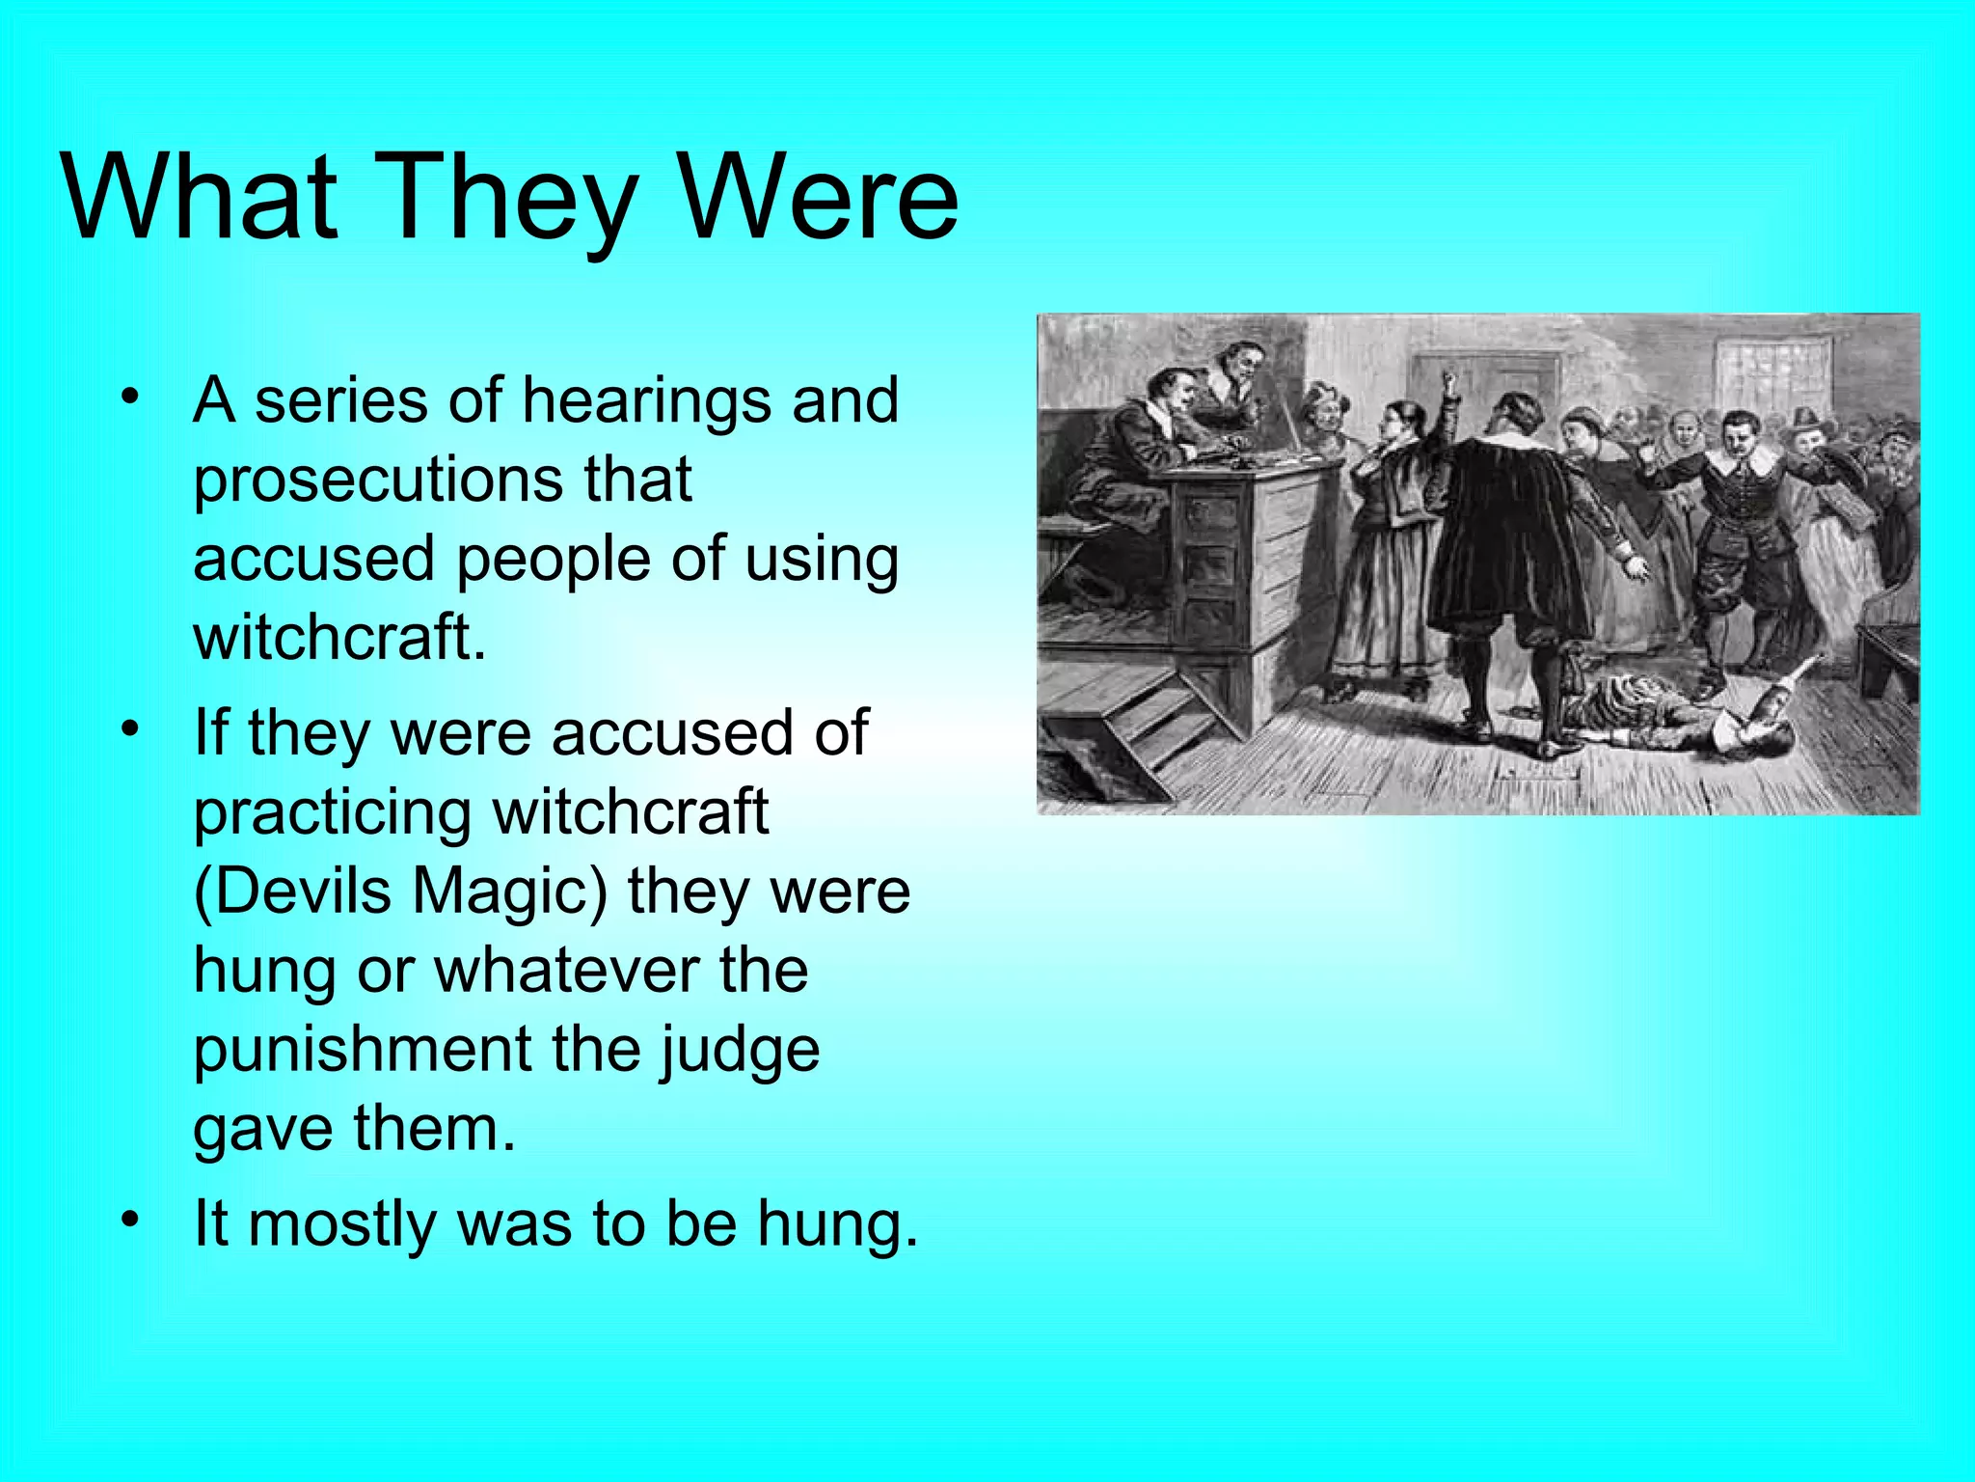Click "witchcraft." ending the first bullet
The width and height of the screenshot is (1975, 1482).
(x=339, y=637)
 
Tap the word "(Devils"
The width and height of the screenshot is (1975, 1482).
(x=292, y=892)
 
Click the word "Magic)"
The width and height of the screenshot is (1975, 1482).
(x=510, y=892)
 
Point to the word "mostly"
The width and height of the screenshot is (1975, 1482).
(x=342, y=1224)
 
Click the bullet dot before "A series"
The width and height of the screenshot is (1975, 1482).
(x=131, y=397)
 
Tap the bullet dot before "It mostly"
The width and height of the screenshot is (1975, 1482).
(x=131, y=1221)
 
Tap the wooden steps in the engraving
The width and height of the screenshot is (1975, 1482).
(x=1148, y=724)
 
